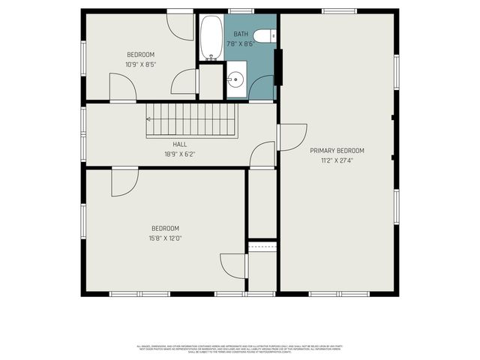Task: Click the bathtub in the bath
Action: click(211, 37)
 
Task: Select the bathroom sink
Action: click(236, 79)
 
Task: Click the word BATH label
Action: click(241, 34)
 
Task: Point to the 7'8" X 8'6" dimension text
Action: click(241, 43)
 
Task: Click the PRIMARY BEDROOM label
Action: click(337, 151)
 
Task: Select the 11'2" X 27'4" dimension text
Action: click(337, 160)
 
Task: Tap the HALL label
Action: click(180, 144)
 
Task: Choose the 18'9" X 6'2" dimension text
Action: click(180, 153)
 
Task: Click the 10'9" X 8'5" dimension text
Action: click(140, 64)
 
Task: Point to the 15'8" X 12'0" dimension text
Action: click(166, 238)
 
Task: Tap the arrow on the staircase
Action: click(150, 118)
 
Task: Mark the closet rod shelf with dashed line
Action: click(262, 246)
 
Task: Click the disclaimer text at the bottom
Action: click(240, 348)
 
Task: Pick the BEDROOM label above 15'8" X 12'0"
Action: click(166, 228)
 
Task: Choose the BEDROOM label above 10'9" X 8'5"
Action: click(140, 54)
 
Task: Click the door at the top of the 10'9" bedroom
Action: click(181, 25)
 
